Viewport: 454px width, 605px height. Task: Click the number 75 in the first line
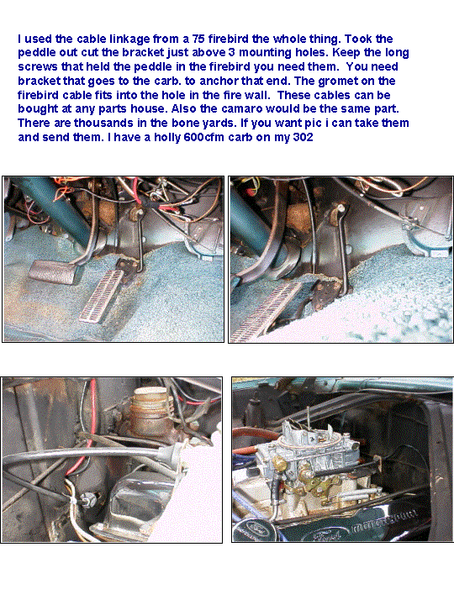(198, 39)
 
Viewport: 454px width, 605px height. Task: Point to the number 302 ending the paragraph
(303, 137)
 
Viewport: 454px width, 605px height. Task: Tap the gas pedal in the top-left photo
(102, 295)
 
